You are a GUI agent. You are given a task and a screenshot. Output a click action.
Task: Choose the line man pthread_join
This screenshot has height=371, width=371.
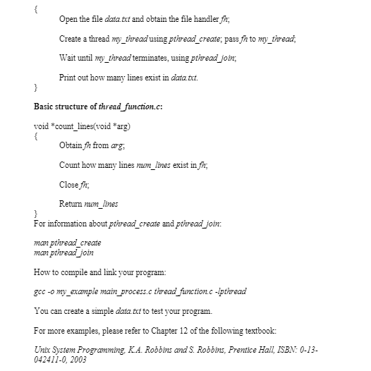(64, 252)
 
